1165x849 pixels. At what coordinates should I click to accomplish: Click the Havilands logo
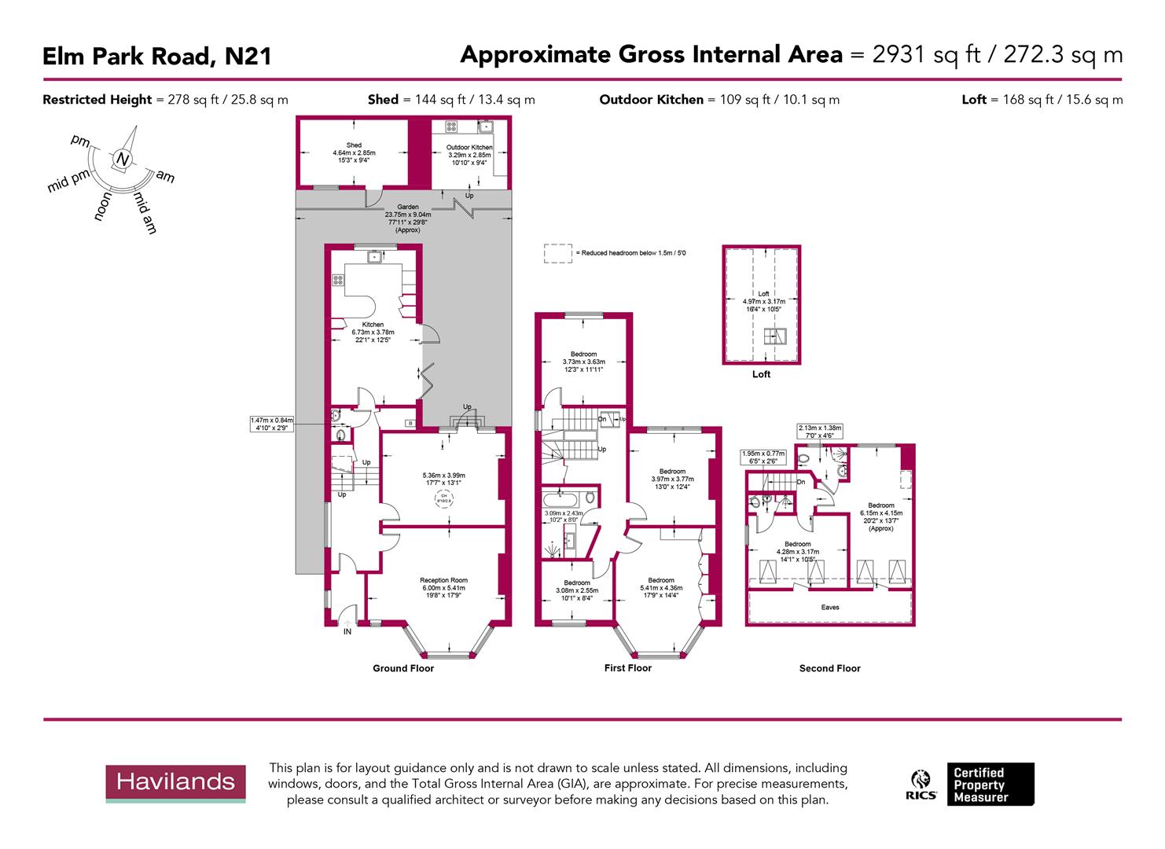point(175,782)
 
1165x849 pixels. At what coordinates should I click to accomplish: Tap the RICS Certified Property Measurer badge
point(972,785)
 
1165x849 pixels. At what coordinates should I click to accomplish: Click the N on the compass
point(122,159)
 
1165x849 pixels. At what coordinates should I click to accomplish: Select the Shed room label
point(354,145)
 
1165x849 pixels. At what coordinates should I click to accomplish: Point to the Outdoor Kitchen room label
point(469,148)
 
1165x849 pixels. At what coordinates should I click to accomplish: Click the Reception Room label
point(443,580)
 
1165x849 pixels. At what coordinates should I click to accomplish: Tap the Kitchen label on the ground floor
point(373,325)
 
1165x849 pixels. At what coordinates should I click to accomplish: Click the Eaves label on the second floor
point(829,607)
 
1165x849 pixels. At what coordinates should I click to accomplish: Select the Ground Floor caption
point(403,668)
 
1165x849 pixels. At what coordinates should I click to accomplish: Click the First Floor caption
point(627,668)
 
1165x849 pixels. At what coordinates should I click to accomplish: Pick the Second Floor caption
point(829,668)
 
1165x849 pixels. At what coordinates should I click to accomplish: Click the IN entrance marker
point(347,631)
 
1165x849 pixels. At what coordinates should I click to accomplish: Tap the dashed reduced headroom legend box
point(557,253)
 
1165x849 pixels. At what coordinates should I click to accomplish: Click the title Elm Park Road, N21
point(156,57)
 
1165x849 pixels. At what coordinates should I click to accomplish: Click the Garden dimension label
point(408,208)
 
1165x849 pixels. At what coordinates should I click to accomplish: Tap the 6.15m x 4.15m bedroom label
point(880,505)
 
